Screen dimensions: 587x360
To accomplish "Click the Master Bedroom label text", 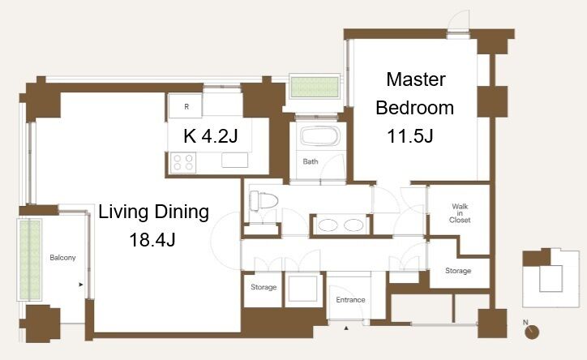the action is (x=415, y=93).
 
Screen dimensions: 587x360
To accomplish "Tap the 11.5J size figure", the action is (x=410, y=136).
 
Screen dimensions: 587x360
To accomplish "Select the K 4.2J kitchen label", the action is (x=210, y=135).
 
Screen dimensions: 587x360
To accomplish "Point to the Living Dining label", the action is (x=153, y=212).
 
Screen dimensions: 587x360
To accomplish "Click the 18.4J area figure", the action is (x=152, y=239).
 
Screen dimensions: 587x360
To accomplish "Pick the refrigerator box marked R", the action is (x=186, y=106).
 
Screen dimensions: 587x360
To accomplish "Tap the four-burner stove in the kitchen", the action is (x=183, y=162).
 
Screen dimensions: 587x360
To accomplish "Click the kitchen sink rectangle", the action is (x=235, y=161).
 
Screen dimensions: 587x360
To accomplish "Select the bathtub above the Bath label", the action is (x=320, y=136).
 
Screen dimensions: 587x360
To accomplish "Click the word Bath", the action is (x=311, y=161).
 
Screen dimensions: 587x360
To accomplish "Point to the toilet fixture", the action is (x=264, y=200).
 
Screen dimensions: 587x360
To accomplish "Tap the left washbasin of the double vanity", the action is (x=328, y=225).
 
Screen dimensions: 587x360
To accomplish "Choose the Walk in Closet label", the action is (x=460, y=213).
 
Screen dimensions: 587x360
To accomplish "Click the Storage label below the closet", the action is (x=458, y=271).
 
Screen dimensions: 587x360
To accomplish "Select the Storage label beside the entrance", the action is (x=264, y=287).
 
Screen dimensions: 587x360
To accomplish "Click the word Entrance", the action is (x=350, y=300).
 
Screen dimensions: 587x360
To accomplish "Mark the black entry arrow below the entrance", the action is (x=346, y=328).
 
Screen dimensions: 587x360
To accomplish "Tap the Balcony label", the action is (x=62, y=258).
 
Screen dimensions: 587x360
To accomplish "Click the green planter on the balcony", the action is (x=30, y=259).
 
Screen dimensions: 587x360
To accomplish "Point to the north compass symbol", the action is (x=531, y=332).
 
